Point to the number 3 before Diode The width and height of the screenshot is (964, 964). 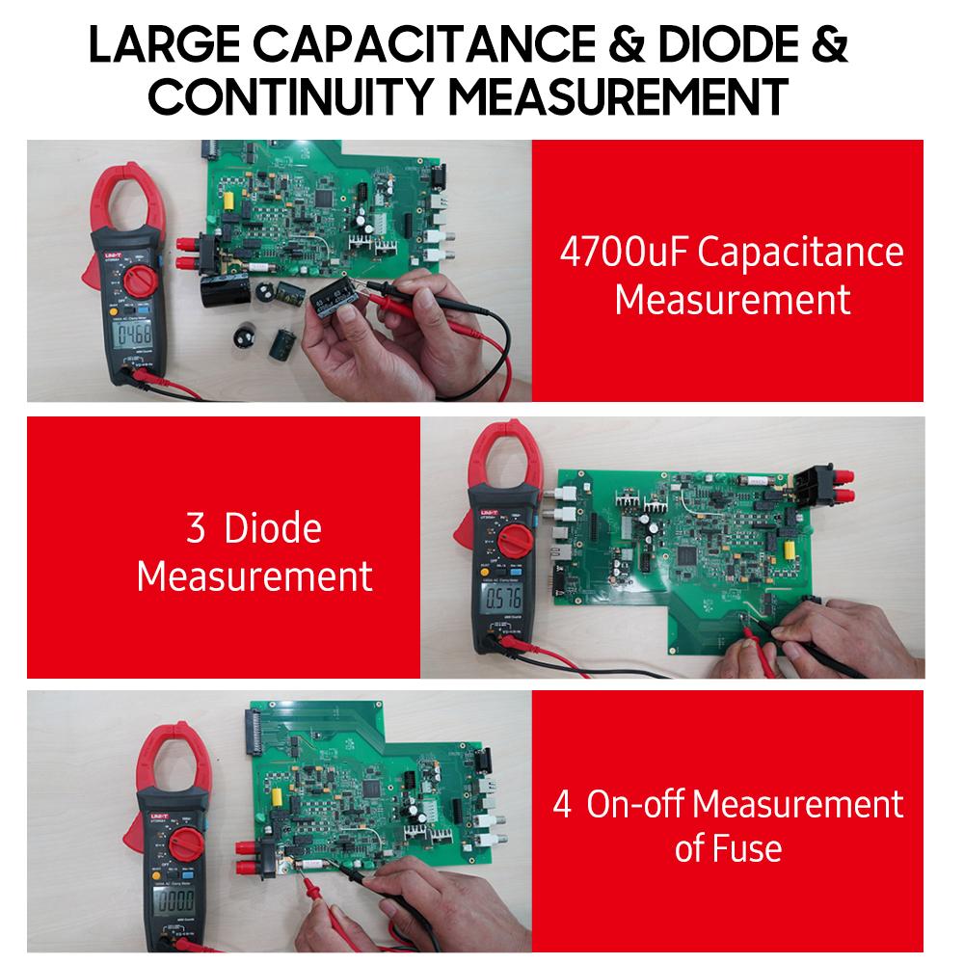click(194, 529)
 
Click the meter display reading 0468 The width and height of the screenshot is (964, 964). click(127, 339)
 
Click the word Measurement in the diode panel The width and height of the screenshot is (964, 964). click(254, 576)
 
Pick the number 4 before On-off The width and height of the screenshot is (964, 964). click(562, 804)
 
